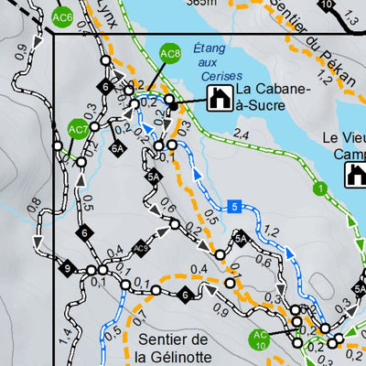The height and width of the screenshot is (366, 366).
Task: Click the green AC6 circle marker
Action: point(63,16)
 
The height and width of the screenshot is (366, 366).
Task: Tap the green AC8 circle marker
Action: point(170,54)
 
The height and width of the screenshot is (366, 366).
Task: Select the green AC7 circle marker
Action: point(78,129)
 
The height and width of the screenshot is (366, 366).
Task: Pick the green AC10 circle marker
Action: point(260,339)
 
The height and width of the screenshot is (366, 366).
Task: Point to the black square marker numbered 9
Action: point(66,269)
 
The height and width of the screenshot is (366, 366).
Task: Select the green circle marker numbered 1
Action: point(320,189)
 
